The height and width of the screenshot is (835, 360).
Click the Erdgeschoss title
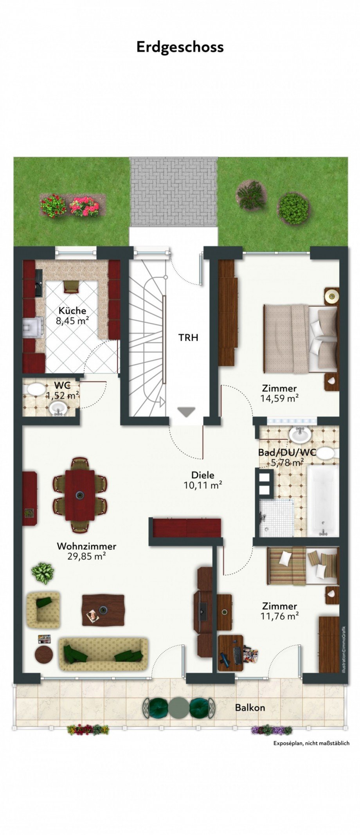180,47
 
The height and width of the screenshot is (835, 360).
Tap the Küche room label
72,311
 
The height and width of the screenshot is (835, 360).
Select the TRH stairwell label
189,337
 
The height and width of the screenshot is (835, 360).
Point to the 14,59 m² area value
280,398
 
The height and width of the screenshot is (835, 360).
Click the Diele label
203,475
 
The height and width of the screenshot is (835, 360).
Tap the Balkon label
250,707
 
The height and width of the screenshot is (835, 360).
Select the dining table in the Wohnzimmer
80,495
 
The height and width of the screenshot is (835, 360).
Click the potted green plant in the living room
43,573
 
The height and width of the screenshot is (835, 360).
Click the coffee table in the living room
103,610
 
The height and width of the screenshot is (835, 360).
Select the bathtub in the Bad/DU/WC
323,501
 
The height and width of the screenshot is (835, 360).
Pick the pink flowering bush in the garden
84,206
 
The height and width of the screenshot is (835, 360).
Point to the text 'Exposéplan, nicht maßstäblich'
311,743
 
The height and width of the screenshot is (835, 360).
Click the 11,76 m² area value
280,616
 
